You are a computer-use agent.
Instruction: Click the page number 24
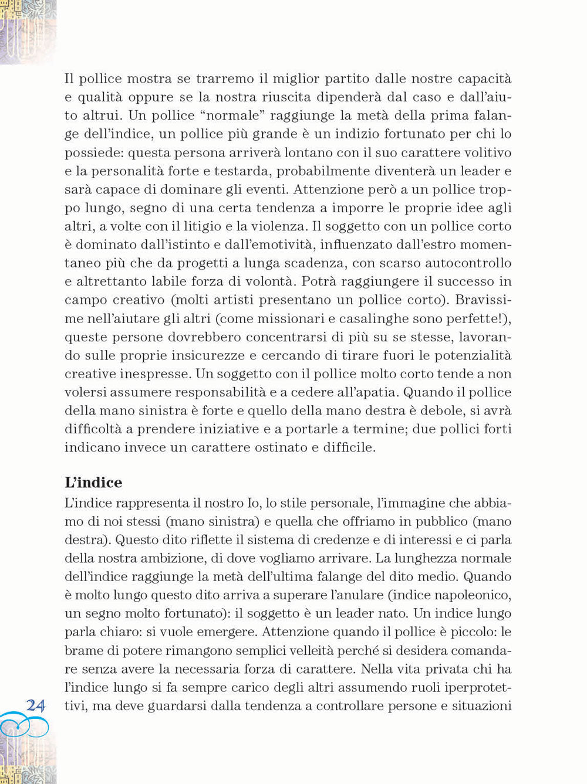tap(35, 705)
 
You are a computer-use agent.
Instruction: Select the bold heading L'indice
tap(93, 483)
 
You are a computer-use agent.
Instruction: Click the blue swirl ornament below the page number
tap(23, 725)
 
